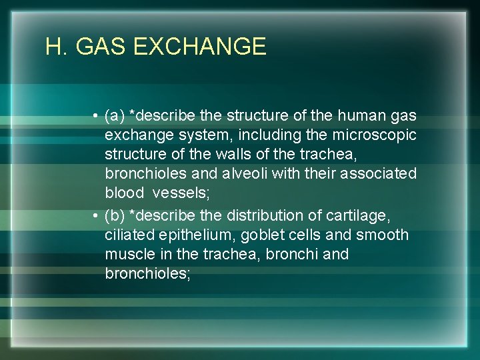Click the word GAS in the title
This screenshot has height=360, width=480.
coord(101,47)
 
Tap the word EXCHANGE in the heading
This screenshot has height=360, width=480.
coord(200,47)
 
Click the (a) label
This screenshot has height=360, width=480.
coord(115,116)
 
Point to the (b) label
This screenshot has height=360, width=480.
coord(115,216)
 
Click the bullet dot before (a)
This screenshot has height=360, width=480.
coord(97,117)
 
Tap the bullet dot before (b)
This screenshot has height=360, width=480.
coord(97,217)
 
